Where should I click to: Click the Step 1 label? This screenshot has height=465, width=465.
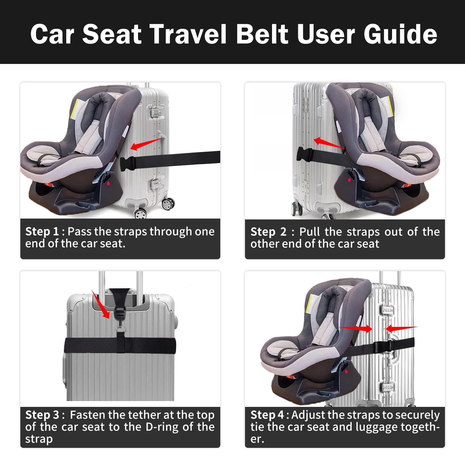[42, 232]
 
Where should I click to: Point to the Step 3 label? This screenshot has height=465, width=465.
[42, 415]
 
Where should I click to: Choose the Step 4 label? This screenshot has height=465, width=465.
[267, 415]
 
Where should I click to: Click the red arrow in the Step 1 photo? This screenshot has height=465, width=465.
[146, 144]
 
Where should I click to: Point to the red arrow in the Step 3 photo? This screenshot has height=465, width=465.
[101, 304]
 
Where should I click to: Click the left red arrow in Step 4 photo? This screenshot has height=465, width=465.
[355, 328]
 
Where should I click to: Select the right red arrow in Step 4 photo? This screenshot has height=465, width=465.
[401, 328]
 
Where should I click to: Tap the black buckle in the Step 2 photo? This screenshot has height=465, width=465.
[304, 154]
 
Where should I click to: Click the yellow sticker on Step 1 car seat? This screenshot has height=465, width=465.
[74, 109]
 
